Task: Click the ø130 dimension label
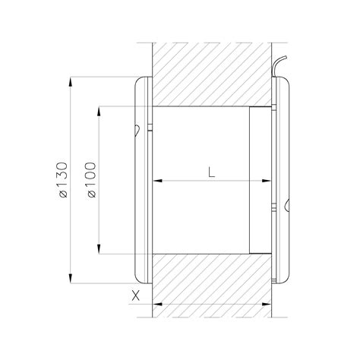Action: coord(63,180)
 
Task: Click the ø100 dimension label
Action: coord(91,180)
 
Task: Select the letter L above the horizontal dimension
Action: coord(211,172)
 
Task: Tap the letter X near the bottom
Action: coord(136,295)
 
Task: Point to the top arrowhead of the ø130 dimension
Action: coord(71,82)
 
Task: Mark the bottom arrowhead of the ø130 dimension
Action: coord(71,278)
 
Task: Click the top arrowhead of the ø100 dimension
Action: coord(99,112)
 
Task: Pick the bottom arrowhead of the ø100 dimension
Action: coord(99,248)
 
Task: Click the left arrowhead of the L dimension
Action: coord(157,181)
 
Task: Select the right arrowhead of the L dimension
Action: coord(267,181)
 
